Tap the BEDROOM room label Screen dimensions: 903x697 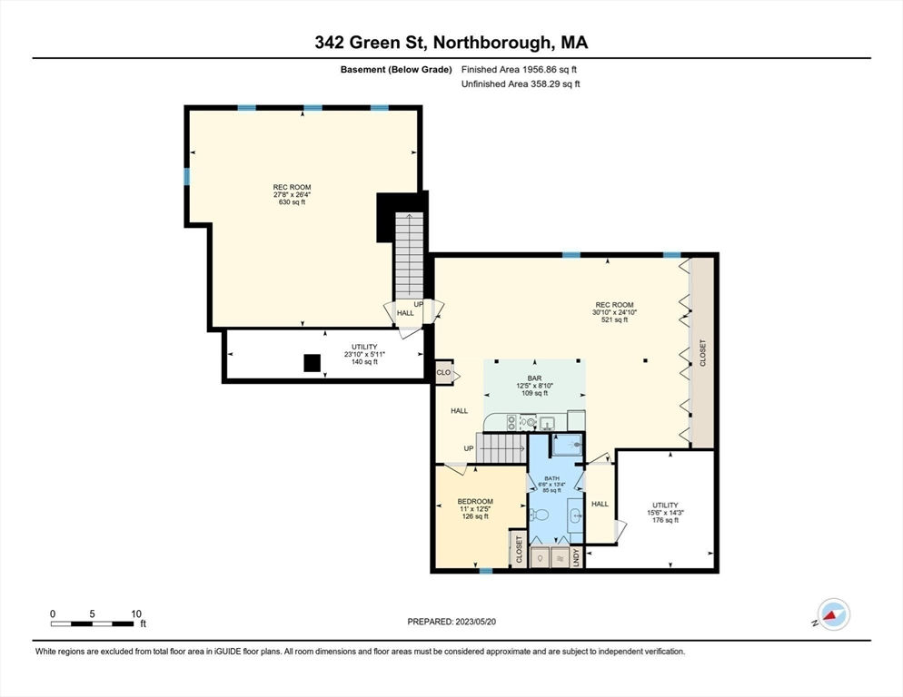point(475,501)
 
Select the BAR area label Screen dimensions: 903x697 point(534,378)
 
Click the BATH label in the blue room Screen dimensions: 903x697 point(551,478)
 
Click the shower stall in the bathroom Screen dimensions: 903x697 point(568,445)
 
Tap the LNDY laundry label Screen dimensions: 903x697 point(577,557)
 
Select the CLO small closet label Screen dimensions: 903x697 point(443,372)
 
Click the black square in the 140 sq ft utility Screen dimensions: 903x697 point(313,363)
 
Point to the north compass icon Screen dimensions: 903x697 point(833,614)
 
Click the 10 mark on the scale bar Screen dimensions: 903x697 point(136,614)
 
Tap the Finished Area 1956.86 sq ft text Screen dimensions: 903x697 point(519,70)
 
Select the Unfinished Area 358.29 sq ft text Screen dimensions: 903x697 point(521,84)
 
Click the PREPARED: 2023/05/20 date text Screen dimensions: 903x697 point(451,622)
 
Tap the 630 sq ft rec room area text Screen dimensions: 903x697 point(292,202)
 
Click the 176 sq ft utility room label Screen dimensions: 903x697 point(665,520)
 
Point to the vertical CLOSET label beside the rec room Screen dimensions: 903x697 point(702,353)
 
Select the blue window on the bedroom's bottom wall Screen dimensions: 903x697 point(486,571)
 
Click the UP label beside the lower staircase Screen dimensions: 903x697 point(469,448)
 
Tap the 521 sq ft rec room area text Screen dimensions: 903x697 point(614,320)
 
